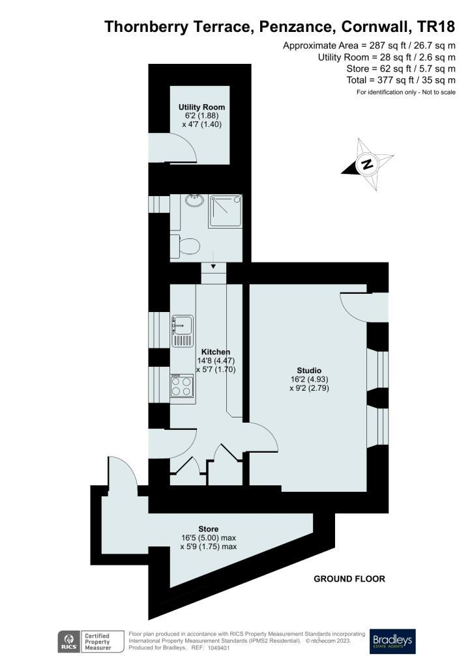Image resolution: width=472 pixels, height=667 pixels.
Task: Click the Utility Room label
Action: click(x=201, y=107)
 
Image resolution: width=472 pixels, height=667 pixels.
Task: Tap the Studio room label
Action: click(x=309, y=371)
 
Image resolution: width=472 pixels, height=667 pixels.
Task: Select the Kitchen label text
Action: click(x=216, y=352)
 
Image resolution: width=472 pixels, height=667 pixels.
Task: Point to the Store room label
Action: click(x=209, y=529)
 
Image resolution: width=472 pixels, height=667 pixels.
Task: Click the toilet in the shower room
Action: click(x=185, y=246)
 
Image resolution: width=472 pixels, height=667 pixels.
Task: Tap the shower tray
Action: click(x=225, y=210)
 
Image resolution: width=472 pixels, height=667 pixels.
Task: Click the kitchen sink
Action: click(x=183, y=330)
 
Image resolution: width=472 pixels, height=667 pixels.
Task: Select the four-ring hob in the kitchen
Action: click(x=182, y=386)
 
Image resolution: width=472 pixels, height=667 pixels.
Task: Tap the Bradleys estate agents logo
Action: click(x=392, y=641)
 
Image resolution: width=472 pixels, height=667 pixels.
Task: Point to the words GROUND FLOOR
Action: click(x=349, y=579)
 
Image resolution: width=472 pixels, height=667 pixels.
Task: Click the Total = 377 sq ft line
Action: click(x=401, y=80)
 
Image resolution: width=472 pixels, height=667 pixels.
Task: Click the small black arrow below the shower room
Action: click(x=213, y=267)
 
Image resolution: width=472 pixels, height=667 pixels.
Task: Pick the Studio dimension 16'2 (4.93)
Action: click(x=310, y=380)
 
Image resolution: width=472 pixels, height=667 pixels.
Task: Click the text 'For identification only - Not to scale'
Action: click(x=406, y=92)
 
